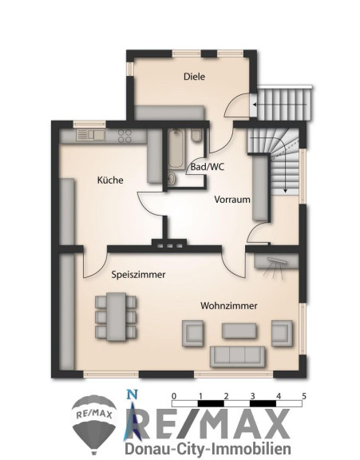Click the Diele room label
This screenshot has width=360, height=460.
[194, 77]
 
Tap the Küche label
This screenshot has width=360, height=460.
[110, 180]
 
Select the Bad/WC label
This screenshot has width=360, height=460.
[208, 167]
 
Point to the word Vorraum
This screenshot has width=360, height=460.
[232, 200]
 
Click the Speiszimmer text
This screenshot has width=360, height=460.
[138, 275]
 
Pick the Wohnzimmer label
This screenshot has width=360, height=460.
[229, 306]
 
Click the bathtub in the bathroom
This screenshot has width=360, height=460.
[176, 149]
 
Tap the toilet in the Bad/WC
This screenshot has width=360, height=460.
[196, 135]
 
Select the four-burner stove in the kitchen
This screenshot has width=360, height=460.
[125, 136]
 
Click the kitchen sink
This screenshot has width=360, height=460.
[90, 135]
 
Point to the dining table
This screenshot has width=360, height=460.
[116, 316]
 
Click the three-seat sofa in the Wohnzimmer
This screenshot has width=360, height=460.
[237, 356]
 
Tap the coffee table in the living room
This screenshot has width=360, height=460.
[239, 331]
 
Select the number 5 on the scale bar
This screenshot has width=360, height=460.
[304, 396]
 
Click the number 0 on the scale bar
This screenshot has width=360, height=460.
[174, 396]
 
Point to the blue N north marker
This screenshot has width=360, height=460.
[132, 394]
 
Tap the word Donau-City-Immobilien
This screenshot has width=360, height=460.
[208, 449]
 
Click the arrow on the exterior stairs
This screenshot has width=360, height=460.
[279, 105]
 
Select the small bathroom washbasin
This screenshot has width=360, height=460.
[172, 178]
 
